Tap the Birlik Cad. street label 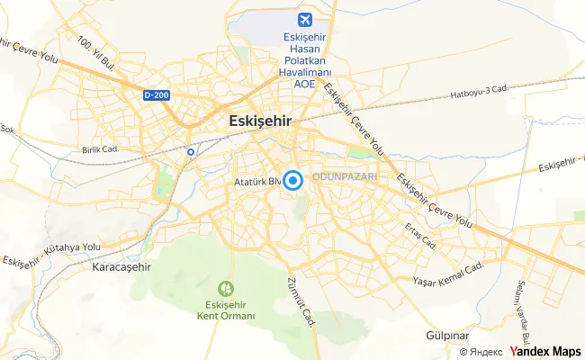[x=101, y=149]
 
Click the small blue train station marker [x=191, y=152]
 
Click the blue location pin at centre [x=293, y=180]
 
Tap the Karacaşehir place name [x=121, y=267]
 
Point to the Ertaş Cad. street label [x=420, y=237]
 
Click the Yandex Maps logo [x=544, y=352]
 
